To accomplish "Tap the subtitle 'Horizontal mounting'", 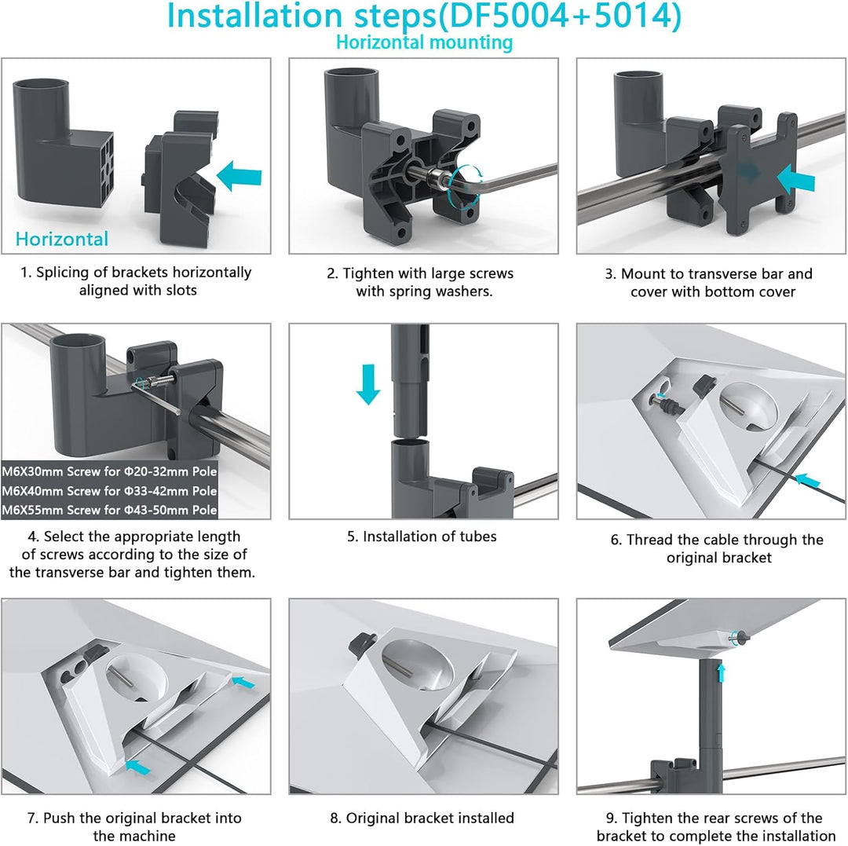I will [x=424, y=42].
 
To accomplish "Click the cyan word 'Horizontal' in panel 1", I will [x=62, y=239].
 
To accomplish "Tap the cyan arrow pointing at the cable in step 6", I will [x=807, y=478].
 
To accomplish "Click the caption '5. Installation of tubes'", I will [x=422, y=537].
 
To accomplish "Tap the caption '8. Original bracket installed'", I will [x=422, y=819].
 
